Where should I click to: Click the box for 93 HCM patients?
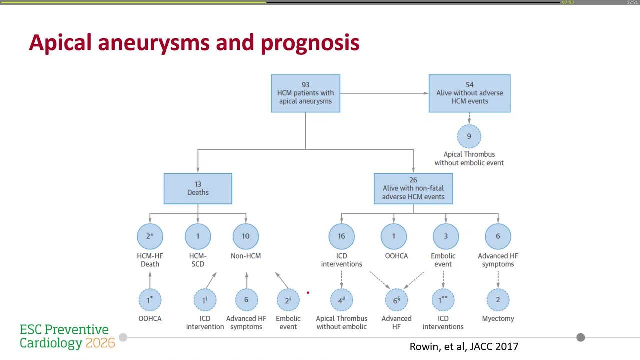305,93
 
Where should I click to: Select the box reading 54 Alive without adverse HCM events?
469,93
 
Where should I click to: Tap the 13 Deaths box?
198,188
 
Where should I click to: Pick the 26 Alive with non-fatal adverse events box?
413,188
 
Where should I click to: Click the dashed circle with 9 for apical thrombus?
469,136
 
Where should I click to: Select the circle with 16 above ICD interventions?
342,236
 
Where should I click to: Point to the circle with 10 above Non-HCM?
246,236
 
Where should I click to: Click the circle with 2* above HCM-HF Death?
150,236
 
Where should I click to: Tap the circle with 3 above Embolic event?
443,236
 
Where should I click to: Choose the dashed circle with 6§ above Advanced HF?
397,300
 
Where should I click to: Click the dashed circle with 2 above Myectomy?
498,300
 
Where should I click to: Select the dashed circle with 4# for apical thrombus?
342,300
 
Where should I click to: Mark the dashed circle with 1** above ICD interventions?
443,300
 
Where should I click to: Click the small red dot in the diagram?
308,293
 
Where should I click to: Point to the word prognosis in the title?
310,43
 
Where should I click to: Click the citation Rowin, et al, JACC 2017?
464,346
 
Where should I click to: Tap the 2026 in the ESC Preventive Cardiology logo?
100,343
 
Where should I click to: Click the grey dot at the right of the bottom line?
580,337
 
